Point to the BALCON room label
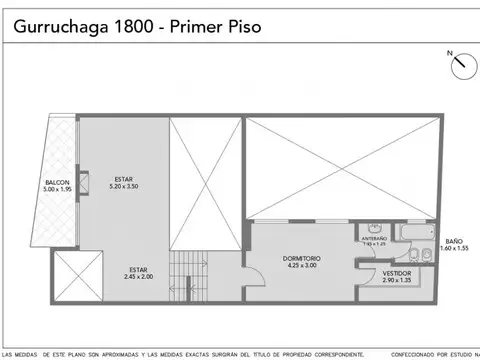[x=56, y=182]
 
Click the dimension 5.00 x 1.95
[x=56, y=190]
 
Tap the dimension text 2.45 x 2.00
[x=140, y=276]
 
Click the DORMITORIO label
[x=301, y=258]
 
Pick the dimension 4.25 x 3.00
[x=301, y=266]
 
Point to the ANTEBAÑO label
[x=374, y=238]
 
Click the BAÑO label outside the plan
[x=454, y=241]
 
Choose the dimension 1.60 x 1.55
[x=454, y=249]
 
